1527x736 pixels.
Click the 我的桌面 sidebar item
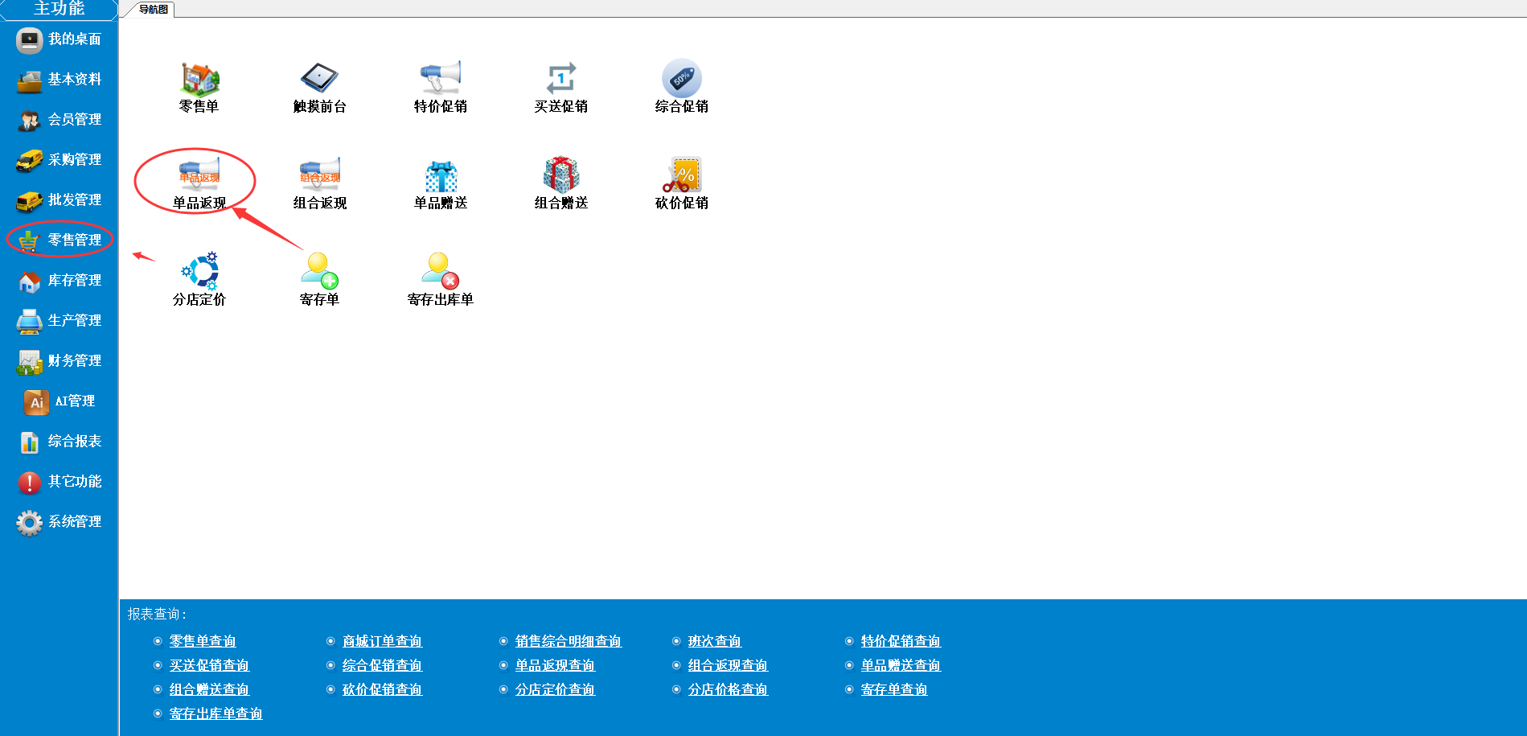[x=60, y=39]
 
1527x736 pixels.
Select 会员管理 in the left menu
[x=60, y=120]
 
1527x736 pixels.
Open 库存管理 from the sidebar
[x=60, y=281]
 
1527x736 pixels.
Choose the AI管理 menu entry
[x=60, y=401]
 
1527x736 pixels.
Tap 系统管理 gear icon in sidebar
[x=30, y=523]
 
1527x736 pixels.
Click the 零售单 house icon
[x=199, y=78]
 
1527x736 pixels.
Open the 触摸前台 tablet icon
[x=319, y=78]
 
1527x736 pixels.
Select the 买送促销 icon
[x=561, y=78]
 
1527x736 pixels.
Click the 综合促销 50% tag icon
[x=682, y=78]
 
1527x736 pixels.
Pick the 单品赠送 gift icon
[x=441, y=175]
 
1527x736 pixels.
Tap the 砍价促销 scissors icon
[x=682, y=175]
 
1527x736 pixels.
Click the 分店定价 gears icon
[x=199, y=271]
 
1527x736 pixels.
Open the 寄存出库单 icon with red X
[x=441, y=271]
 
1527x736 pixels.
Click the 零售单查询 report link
[x=203, y=641]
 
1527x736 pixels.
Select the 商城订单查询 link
[x=382, y=641]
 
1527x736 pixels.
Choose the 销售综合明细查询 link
[x=569, y=641]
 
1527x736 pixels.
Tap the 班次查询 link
[x=715, y=641]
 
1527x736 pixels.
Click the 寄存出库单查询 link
[x=216, y=713]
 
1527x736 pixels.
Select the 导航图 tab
[x=154, y=10]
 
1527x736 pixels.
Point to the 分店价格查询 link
[x=728, y=689]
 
